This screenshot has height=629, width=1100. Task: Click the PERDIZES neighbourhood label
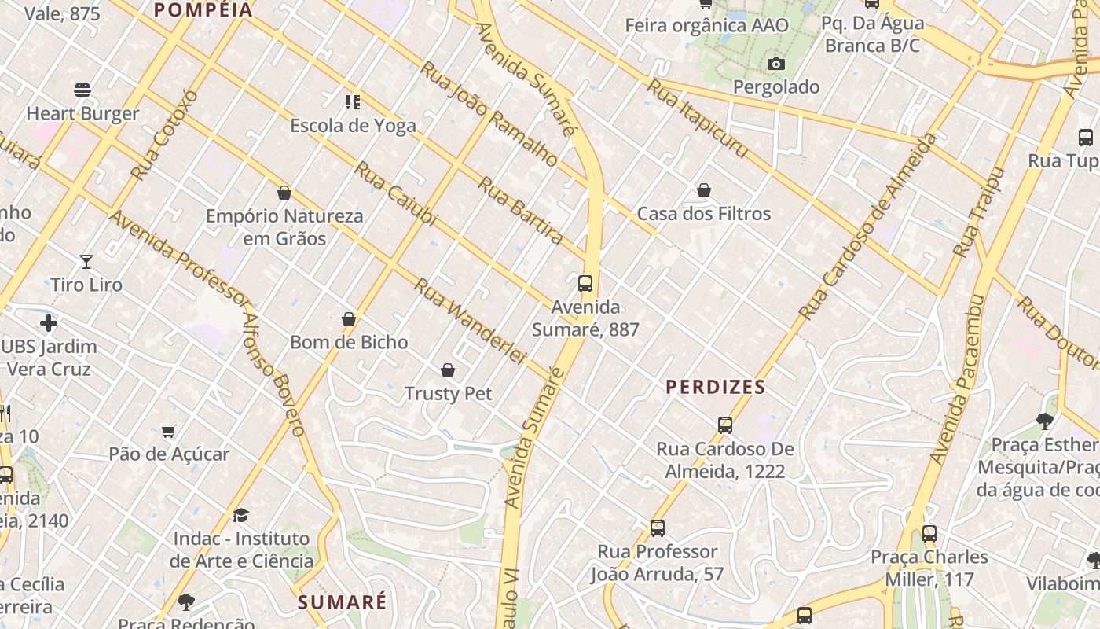click(715, 387)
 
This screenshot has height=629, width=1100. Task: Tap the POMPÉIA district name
click(203, 10)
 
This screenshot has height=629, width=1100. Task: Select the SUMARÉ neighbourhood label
click(343, 602)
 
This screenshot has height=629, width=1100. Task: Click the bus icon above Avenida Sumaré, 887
click(585, 284)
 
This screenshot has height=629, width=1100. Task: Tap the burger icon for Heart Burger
click(82, 90)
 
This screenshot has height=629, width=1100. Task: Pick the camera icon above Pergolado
click(776, 64)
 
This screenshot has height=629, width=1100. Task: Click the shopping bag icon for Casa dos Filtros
click(704, 190)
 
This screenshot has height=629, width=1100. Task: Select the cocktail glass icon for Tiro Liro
click(86, 261)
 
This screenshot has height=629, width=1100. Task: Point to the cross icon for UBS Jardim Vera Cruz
click(49, 323)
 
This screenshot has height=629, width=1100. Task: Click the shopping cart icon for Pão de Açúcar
click(169, 431)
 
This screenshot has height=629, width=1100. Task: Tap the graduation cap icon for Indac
click(240, 516)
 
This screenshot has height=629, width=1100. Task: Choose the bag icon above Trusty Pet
click(448, 370)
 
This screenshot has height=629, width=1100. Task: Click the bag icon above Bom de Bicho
click(349, 319)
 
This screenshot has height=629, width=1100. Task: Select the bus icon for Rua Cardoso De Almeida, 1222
click(725, 425)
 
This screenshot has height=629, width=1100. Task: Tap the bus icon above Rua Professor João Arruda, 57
click(658, 528)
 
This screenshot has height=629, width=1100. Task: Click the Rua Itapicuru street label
click(696, 119)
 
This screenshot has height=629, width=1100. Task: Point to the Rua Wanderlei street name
click(469, 321)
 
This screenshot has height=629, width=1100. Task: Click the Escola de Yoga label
click(353, 125)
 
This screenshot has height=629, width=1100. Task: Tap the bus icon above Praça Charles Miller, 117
click(929, 534)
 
